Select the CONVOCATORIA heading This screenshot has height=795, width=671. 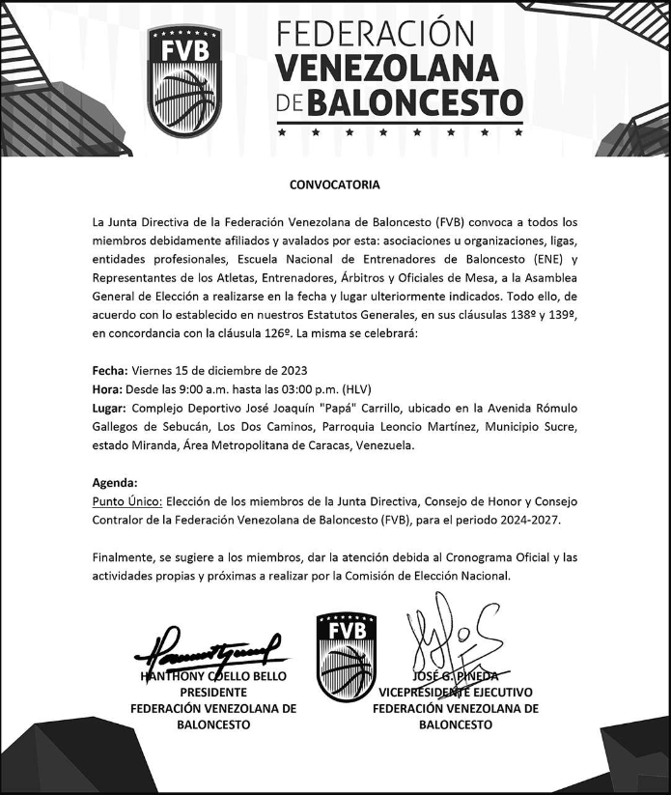point(335,185)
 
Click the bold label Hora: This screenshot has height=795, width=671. point(107,389)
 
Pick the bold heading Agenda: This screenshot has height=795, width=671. point(115,482)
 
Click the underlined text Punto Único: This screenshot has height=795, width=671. point(127,501)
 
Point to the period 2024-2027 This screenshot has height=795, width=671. point(525,521)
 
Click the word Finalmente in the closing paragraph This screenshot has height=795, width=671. point(126,557)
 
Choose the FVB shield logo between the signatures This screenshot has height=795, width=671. point(346,657)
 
